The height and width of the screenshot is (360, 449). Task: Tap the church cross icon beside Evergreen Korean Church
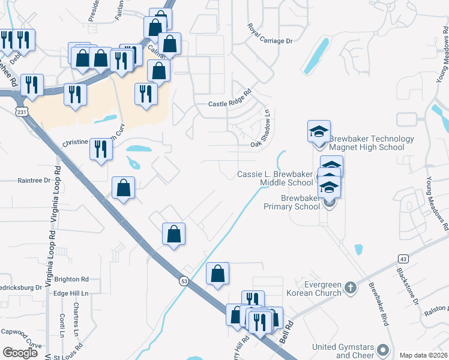click(x=351, y=289)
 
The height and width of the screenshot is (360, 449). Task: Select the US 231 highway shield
click(x=22, y=112)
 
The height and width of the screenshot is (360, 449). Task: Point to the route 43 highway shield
click(x=403, y=258)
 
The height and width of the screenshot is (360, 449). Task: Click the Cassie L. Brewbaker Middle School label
click(x=276, y=178)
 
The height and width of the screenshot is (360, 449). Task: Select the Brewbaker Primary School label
click(x=292, y=202)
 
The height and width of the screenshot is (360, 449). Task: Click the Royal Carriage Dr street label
click(x=270, y=34)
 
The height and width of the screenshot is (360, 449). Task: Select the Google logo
click(x=20, y=353)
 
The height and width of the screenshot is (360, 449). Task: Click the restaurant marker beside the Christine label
click(x=101, y=148)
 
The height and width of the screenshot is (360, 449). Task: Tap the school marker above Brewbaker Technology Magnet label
click(x=319, y=130)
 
